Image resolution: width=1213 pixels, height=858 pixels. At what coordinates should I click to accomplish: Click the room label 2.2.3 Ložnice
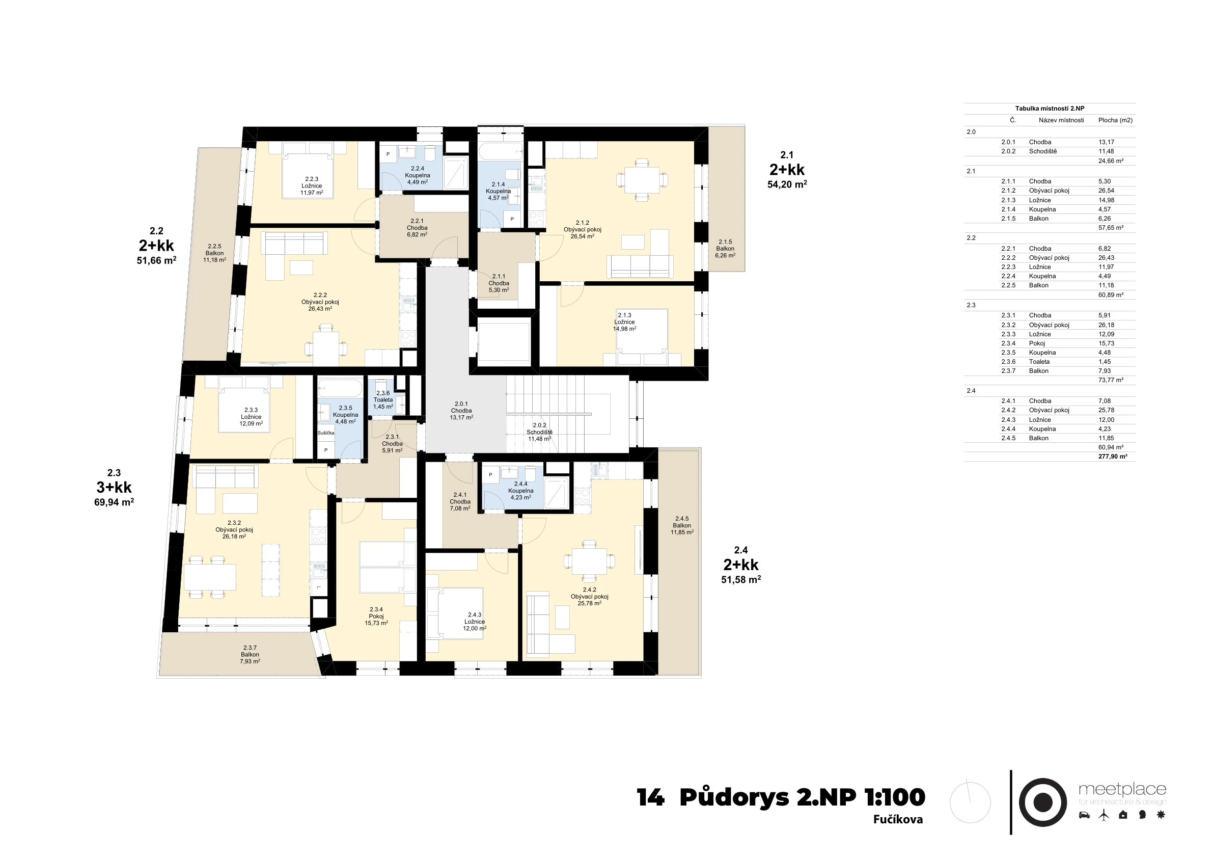point(312,186)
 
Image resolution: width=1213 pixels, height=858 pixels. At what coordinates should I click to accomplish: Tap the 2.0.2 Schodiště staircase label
point(539,432)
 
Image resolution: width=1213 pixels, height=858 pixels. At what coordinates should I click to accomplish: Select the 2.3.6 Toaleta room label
point(383,400)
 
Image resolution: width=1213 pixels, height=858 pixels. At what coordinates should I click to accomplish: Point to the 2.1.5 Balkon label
point(725,249)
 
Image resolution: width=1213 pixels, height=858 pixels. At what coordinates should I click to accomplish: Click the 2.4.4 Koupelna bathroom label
point(520,491)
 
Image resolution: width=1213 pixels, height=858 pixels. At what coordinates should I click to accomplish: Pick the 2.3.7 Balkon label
point(250,655)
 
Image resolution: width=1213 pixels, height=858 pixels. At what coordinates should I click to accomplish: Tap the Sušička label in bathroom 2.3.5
point(326,433)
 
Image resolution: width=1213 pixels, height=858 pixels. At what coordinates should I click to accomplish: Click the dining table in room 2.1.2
point(642,180)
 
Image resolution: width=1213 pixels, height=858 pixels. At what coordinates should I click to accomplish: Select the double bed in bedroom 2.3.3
point(244,405)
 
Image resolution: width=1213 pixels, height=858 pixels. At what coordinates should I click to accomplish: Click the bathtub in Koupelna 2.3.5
point(340,388)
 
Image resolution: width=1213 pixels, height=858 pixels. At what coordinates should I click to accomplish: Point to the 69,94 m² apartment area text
point(114,502)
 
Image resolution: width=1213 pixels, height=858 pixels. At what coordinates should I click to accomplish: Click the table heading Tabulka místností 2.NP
point(1050,109)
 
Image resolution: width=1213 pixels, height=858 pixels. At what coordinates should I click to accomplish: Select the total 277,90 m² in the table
point(1113,457)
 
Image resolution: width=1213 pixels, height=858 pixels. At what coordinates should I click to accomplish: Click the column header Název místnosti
point(1061,121)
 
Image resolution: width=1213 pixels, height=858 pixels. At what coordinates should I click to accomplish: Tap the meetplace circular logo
point(1042,802)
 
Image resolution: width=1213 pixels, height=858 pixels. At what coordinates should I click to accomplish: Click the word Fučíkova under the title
point(898,820)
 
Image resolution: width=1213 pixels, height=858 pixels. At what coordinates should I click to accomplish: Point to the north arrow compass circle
point(970,802)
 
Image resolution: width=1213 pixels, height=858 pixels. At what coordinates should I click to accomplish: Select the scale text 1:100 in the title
point(894,797)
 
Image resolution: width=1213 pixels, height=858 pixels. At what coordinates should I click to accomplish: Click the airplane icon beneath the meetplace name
point(1104,815)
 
